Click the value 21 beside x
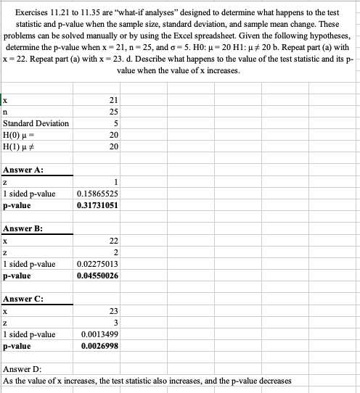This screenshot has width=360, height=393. (114, 99)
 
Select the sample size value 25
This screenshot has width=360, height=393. (114, 111)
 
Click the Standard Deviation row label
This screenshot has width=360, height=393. (36, 123)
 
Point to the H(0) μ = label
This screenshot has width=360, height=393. (20, 135)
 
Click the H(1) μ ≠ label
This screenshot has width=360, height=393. (20, 146)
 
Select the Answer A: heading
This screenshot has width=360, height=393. (24, 170)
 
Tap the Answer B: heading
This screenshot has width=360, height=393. (24, 228)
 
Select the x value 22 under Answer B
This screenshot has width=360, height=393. (114, 241)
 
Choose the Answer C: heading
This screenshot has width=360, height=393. (24, 299)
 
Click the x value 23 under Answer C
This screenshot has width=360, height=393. (114, 311)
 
